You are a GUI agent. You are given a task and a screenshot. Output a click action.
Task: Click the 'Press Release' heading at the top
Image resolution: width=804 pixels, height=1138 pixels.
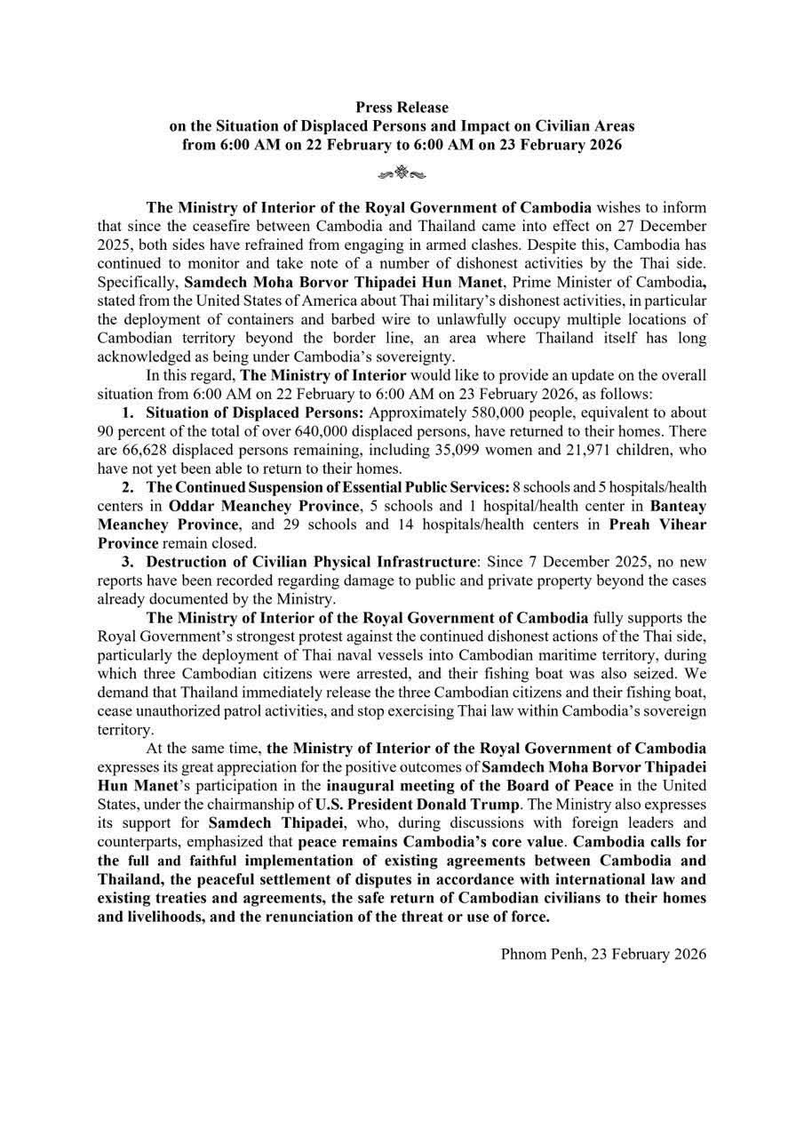click(402, 108)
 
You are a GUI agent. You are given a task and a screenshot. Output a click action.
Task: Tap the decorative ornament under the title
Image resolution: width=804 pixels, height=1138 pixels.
click(402, 172)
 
